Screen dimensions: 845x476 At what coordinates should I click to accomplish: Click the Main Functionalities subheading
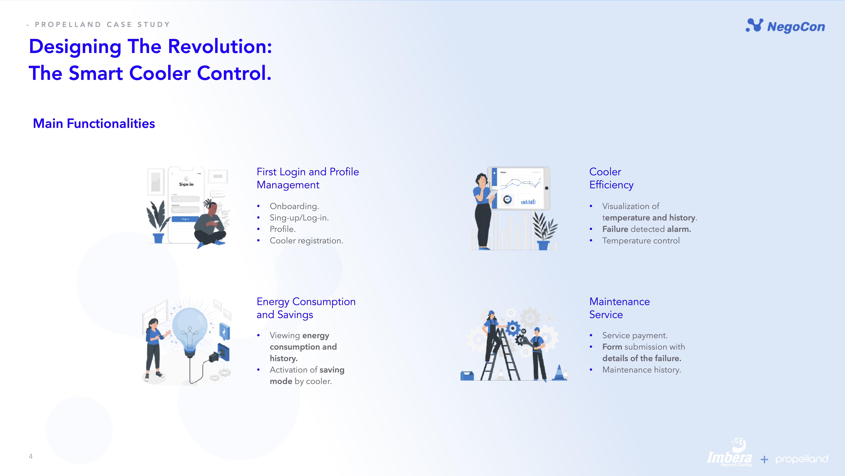(x=94, y=124)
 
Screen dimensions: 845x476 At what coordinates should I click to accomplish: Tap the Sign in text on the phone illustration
(x=186, y=184)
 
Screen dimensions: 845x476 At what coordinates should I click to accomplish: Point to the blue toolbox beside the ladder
(x=467, y=376)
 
